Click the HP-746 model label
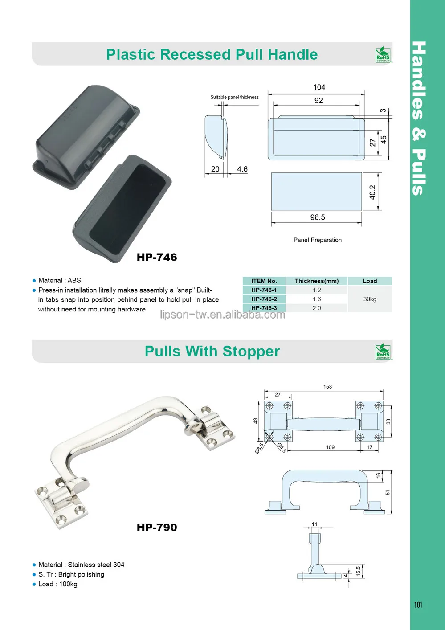pyautogui.click(x=157, y=257)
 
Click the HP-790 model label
pyautogui.click(x=157, y=528)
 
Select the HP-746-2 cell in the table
pyautogui.click(x=264, y=299)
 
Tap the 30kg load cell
pyautogui.click(x=370, y=299)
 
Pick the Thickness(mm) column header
pyautogui.click(x=317, y=281)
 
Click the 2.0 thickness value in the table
pyautogui.click(x=317, y=308)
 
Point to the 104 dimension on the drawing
pyautogui.click(x=319, y=87)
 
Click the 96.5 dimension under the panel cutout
pyautogui.click(x=318, y=217)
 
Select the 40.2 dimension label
pyautogui.click(x=372, y=192)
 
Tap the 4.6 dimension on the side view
pyautogui.click(x=242, y=169)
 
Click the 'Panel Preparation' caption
pyautogui.click(x=318, y=240)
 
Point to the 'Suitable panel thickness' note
pyautogui.click(x=234, y=97)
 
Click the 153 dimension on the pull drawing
pyautogui.click(x=327, y=387)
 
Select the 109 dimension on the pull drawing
pyautogui.click(x=330, y=447)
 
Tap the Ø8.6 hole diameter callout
pyautogui.click(x=259, y=448)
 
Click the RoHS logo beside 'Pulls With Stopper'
pyautogui.click(x=383, y=352)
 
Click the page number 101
pyautogui.click(x=418, y=605)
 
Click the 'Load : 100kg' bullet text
pyautogui.click(x=57, y=584)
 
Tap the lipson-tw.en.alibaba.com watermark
pyautogui.click(x=222, y=315)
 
